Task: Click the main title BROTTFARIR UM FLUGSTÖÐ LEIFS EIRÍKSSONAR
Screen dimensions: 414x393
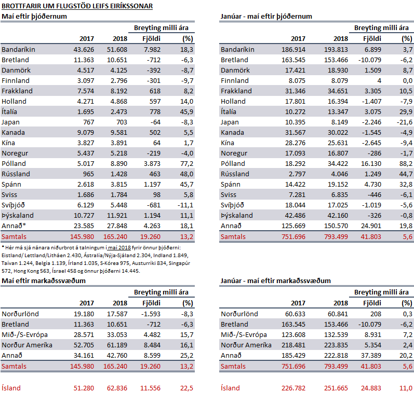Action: (77, 6)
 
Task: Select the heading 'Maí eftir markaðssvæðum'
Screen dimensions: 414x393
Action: (44, 280)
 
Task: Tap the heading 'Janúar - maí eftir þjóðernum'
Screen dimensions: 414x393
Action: (266, 17)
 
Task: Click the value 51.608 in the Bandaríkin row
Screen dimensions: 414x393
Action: (117, 50)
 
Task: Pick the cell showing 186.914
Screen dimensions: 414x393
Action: (293, 50)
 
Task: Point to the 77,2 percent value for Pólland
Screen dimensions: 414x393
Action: (186, 164)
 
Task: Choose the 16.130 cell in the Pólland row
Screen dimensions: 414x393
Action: (371, 164)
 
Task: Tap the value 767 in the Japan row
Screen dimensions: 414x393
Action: (88, 122)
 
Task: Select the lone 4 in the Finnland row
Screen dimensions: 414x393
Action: (379, 81)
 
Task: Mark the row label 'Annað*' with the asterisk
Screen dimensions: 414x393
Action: (14, 226)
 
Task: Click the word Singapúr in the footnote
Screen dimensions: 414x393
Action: (180, 263)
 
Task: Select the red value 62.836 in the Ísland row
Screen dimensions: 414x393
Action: (117, 388)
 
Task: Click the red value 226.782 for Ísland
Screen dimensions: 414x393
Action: (293, 388)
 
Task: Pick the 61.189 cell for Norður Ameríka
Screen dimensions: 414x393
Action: (117, 345)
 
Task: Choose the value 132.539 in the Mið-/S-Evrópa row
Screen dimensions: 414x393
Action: (336, 335)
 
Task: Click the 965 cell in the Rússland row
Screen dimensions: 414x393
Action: (88, 174)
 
